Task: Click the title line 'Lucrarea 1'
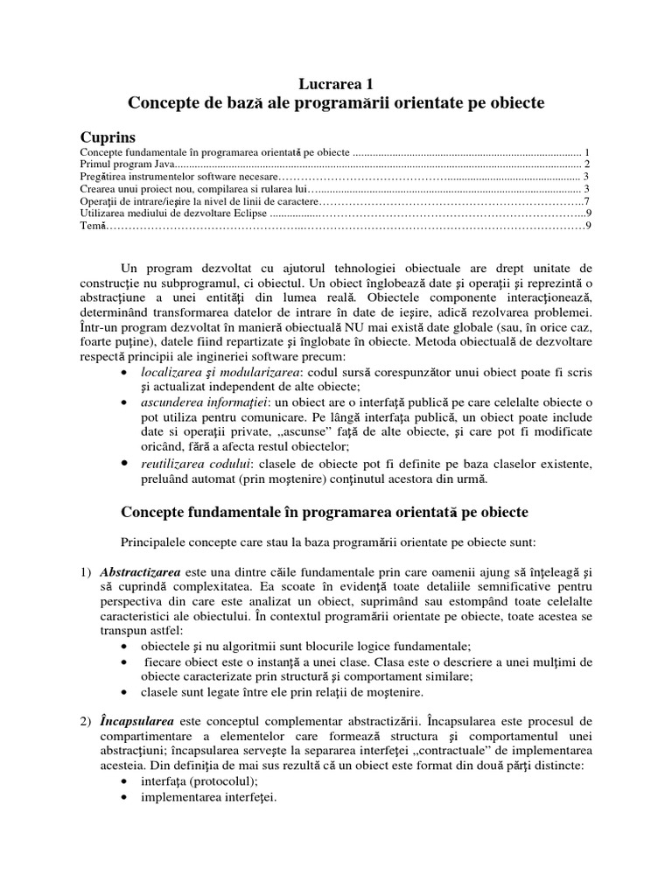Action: [336, 84]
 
